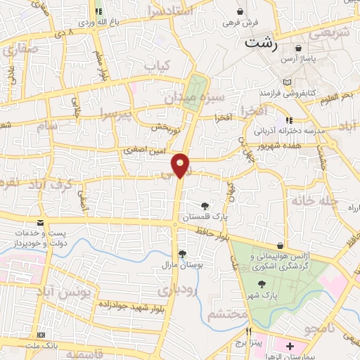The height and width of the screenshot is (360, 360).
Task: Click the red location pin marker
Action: coord(181,165)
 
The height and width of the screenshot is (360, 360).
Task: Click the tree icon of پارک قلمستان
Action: coord(205,206)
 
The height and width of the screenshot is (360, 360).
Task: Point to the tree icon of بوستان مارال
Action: coord(183,254)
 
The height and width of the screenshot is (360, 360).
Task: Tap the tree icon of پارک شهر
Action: coord(262,284)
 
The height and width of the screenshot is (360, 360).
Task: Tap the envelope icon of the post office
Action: coord(40,222)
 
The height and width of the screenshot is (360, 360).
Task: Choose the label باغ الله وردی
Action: coord(77,22)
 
